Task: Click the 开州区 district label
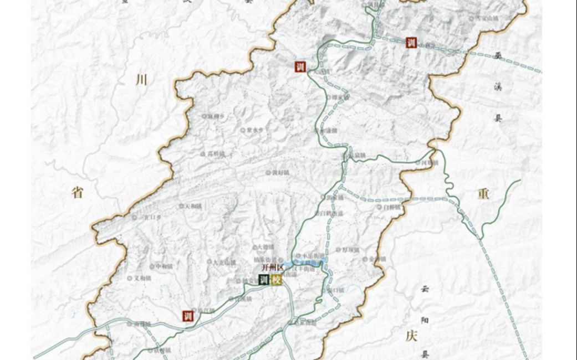[x=272, y=268]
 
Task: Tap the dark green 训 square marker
[x=264, y=280]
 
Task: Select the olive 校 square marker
[x=277, y=280]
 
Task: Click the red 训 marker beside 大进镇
[x=300, y=67]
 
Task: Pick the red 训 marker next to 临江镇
[x=187, y=316]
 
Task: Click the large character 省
[x=78, y=193]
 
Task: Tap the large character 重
[x=483, y=193]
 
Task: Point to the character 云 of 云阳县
[x=425, y=289]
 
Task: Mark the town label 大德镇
[x=266, y=247]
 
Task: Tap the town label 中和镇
[x=164, y=266]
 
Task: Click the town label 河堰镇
[x=430, y=163]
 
